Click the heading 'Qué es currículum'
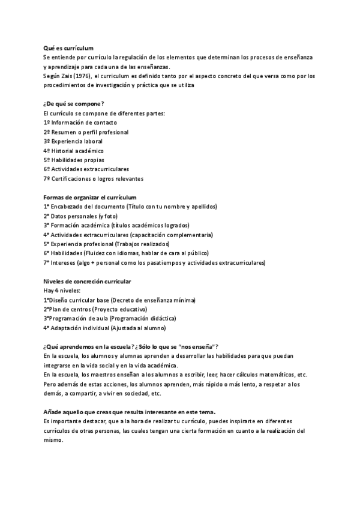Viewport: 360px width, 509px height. tap(68, 47)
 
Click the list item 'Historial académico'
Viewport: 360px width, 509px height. tap(77, 151)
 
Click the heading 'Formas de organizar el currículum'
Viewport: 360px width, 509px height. tap(90, 197)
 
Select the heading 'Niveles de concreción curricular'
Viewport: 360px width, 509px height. tap(87, 282)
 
